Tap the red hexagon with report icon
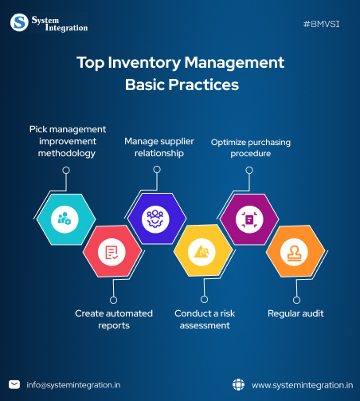click(x=112, y=252)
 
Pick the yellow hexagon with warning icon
click(x=202, y=252)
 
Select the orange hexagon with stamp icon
click(x=294, y=252)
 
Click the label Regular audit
click(x=295, y=313)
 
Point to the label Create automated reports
click(x=114, y=319)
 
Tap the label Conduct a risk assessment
click(x=202, y=319)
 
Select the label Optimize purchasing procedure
click(x=251, y=148)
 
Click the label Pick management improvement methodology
click(x=68, y=140)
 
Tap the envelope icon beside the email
click(x=14, y=384)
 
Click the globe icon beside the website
click(x=238, y=384)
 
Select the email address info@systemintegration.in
click(x=73, y=384)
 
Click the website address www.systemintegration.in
click(x=302, y=384)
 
